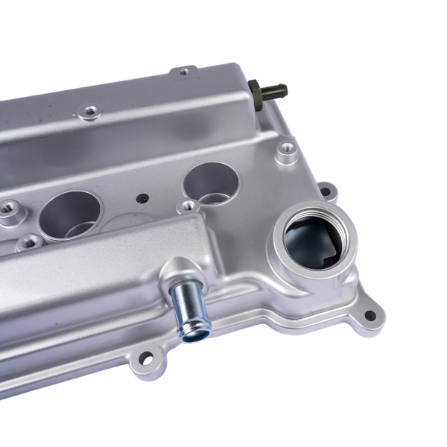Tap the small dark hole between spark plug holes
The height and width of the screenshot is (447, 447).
(x=142, y=199)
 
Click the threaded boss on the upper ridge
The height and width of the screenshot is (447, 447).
(x=91, y=112)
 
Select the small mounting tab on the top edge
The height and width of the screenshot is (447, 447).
(x=184, y=71)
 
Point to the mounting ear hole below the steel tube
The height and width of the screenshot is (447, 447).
(x=146, y=361)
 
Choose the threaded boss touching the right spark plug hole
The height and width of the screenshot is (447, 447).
(x=190, y=205)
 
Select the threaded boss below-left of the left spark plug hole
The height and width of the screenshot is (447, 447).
(x=30, y=241)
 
